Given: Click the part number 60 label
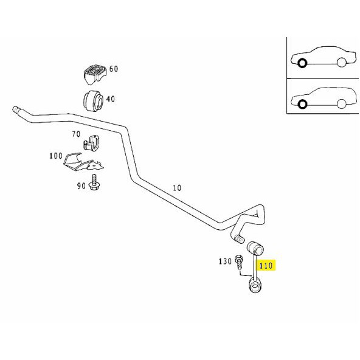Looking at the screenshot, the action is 114,69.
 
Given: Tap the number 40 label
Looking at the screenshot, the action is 110,99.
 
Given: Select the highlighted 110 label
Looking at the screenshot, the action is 266,266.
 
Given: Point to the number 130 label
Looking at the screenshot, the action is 225,261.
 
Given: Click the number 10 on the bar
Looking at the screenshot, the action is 177,188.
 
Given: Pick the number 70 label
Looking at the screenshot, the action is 76,134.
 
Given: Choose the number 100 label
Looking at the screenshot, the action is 56,156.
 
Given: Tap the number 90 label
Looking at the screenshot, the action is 81,185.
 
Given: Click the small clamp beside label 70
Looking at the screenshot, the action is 91,144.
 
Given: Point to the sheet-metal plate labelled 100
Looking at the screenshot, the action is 83,162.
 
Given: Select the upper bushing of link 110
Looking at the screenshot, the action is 255,247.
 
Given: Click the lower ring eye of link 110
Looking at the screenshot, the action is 255,285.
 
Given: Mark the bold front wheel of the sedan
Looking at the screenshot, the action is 302,63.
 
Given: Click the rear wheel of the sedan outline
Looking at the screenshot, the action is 342,62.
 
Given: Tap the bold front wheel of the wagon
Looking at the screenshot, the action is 302,104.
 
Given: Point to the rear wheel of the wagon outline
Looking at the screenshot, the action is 342,104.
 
